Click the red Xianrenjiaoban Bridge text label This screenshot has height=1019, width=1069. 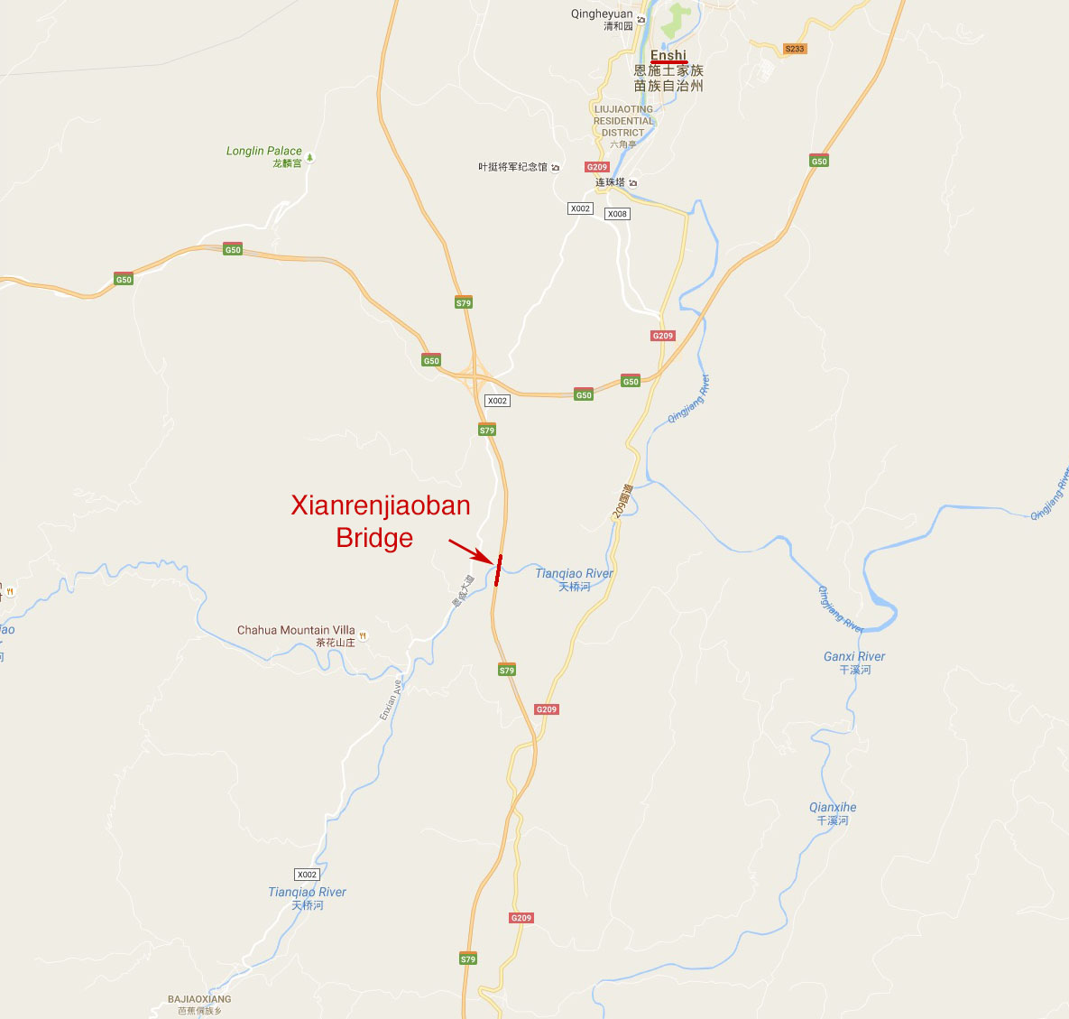tap(380, 521)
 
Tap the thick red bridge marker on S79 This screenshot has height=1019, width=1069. tap(497, 570)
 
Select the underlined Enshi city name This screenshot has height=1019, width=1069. tap(668, 56)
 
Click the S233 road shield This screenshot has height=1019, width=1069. tap(794, 49)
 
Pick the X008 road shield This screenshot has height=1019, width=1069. tap(617, 214)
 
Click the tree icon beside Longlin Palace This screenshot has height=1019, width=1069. tap(310, 158)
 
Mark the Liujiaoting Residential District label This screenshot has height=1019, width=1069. tap(622, 121)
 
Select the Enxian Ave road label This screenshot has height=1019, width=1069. tap(389, 699)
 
